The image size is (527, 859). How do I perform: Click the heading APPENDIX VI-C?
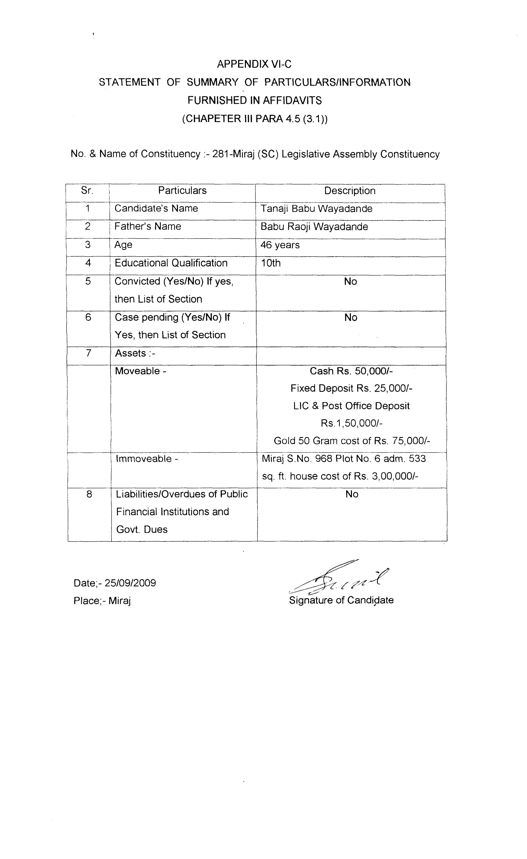coord(254,64)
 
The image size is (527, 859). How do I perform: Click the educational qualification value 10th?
coord(271,263)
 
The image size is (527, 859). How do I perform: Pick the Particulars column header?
coord(182,190)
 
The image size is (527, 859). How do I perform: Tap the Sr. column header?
coord(87,190)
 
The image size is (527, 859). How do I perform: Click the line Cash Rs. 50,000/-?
coord(351,371)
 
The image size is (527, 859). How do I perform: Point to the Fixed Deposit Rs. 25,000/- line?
coord(351,388)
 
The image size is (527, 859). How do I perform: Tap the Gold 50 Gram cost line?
coord(352,441)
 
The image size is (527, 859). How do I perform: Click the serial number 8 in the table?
coord(89,494)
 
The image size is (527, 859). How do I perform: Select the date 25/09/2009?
coord(130,583)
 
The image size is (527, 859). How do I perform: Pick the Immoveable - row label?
coord(147,459)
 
